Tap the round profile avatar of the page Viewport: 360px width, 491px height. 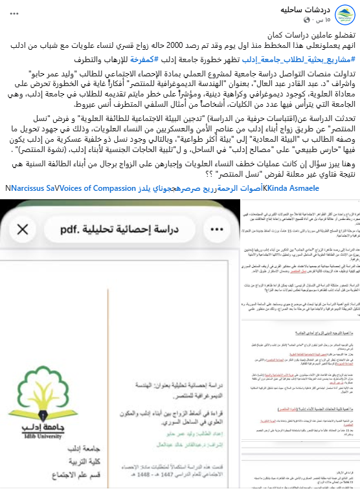coord(342,14)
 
